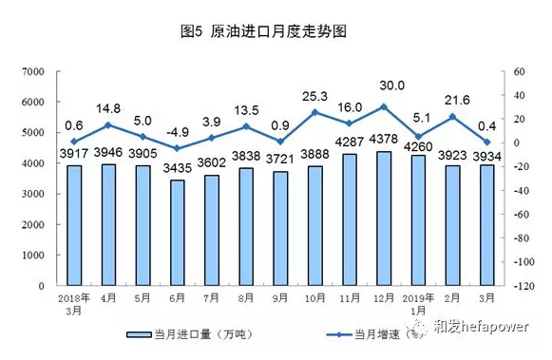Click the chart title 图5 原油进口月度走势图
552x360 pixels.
(x=276, y=31)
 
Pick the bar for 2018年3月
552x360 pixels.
(x=74, y=225)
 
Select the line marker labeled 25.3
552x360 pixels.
(x=315, y=112)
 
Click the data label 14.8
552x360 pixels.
(x=109, y=107)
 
